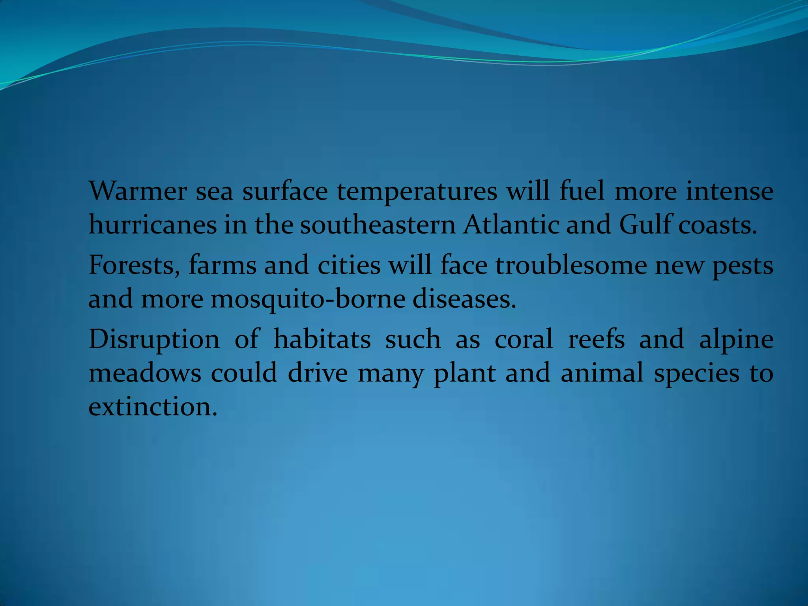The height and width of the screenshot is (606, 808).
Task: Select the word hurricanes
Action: click(153, 225)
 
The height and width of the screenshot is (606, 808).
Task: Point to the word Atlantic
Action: click(511, 225)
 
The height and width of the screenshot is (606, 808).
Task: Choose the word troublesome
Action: click(571, 266)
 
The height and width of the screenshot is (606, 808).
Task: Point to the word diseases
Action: click(464, 299)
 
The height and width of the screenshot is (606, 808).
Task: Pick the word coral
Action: click(524, 340)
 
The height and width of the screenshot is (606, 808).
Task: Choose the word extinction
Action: click(153, 407)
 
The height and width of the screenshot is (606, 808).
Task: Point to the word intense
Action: click(729, 191)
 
